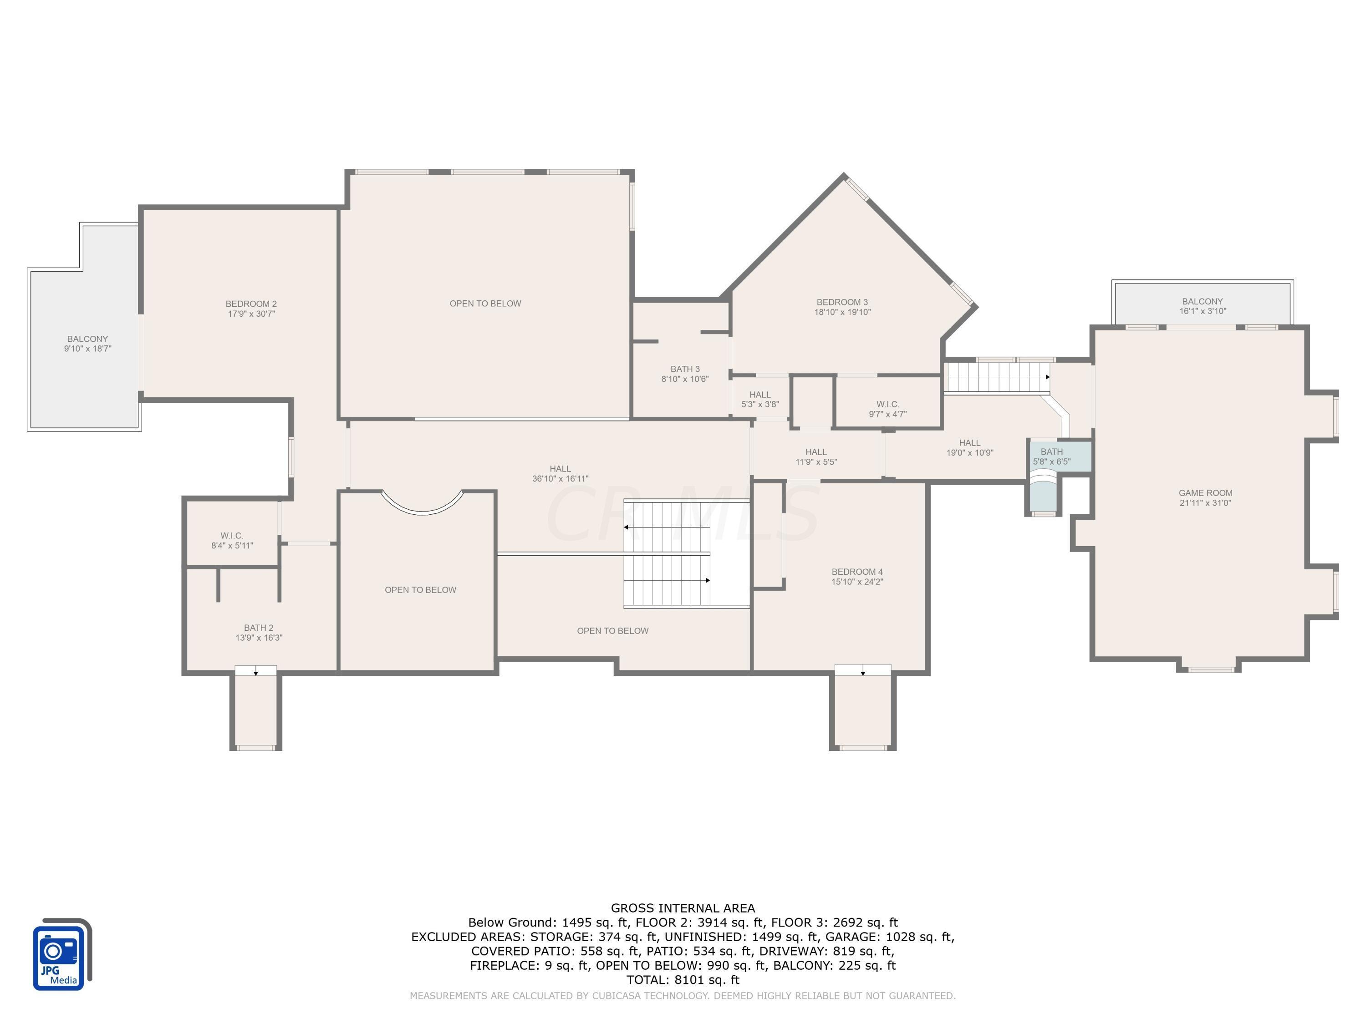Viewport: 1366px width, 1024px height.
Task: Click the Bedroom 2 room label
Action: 251,304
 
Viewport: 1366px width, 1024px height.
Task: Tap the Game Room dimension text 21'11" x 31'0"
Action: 1205,503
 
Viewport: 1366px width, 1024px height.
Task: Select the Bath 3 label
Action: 685,369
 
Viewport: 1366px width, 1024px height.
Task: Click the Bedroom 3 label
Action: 842,302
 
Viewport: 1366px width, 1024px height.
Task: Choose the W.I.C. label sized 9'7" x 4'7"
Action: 887,409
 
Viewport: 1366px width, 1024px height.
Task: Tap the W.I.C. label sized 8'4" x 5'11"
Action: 232,541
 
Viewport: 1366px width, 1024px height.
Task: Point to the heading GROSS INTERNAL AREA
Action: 683,908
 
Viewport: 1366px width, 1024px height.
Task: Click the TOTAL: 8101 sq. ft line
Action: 683,979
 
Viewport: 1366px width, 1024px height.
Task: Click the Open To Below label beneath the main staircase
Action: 612,631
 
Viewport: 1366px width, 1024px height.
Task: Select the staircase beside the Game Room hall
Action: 997,377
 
